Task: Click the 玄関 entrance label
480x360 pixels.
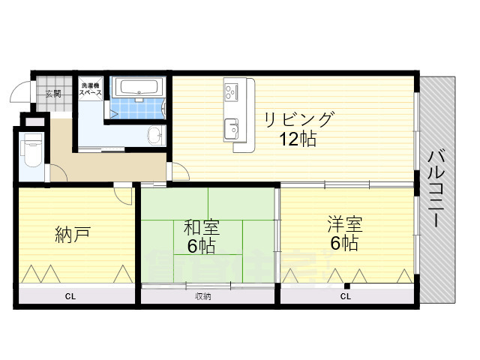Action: (52, 94)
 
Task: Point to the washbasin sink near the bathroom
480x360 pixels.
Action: (155, 136)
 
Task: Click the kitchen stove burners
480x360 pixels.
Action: (230, 91)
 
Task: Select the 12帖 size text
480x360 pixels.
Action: (298, 139)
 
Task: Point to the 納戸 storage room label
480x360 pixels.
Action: (73, 235)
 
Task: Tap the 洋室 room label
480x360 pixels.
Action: (344, 224)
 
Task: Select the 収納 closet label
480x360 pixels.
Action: (203, 297)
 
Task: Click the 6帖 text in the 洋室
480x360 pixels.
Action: (344, 244)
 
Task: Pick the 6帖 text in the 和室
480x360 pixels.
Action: (201, 246)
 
